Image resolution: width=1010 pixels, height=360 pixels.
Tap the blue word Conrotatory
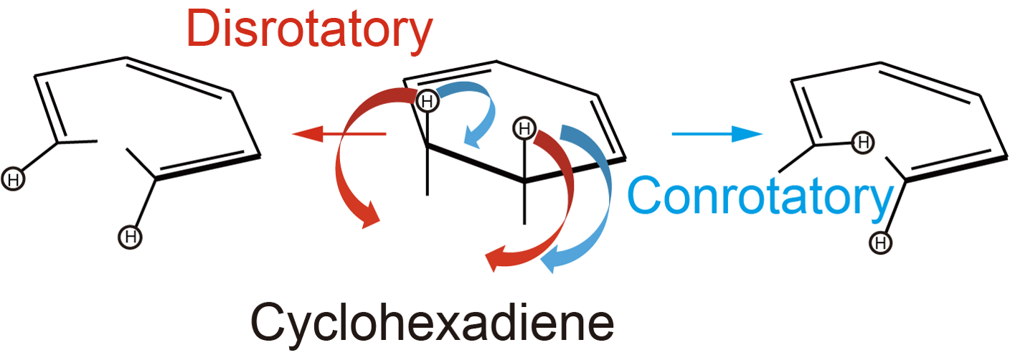(x=759, y=195)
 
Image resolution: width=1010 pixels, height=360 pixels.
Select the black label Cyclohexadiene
(x=433, y=323)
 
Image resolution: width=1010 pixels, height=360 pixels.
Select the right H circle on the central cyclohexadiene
(x=524, y=129)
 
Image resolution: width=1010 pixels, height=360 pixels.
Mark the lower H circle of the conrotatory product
(x=880, y=243)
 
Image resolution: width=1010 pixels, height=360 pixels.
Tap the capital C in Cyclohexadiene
(x=268, y=323)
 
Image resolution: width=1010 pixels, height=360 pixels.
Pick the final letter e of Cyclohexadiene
(x=600, y=328)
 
